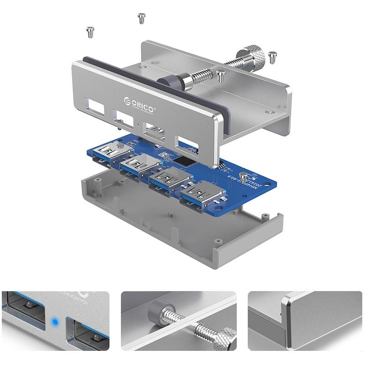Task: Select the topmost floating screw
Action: point(141,18)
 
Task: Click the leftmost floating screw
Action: point(89,32)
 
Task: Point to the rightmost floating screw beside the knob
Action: point(273,57)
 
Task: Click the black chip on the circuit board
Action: point(186,161)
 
